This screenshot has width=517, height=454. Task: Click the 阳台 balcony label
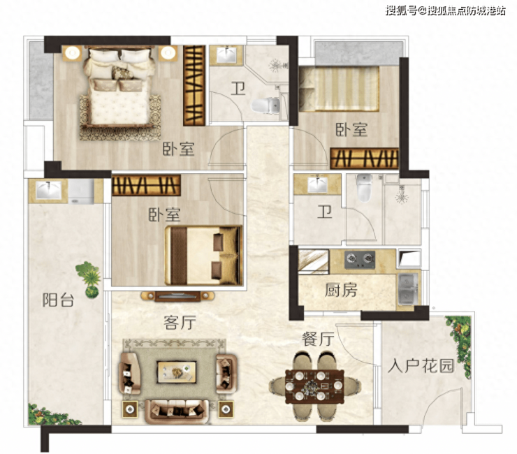(x=58, y=300)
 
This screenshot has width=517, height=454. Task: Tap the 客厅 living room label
(x=180, y=323)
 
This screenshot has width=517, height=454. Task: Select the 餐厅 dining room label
(x=318, y=339)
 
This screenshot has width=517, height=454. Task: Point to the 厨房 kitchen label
(x=341, y=290)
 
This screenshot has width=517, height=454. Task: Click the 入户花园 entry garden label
(x=421, y=365)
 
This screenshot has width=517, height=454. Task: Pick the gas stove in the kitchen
(x=360, y=259)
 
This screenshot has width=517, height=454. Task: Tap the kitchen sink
(x=408, y=289)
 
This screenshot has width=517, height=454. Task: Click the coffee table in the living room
(x=177, y=372)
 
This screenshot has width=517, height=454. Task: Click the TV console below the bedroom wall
(x=177, y=296)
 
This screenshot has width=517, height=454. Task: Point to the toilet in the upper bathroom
(x=265, y=105)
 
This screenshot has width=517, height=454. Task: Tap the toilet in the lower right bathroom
(x=364, y=187)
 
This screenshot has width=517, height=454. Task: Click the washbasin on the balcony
(x=48, y=190)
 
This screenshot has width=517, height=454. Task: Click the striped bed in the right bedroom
(x=339, y=89)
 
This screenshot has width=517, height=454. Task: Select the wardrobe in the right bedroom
(x=364, y=159)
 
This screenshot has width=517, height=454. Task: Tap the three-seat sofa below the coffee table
(x=177, y=411)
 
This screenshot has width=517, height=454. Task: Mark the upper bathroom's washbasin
(x=226, y=54)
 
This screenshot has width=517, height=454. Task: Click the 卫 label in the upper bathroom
(x=238, y=89)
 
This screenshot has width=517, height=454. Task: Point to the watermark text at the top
(x=445, y=11)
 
